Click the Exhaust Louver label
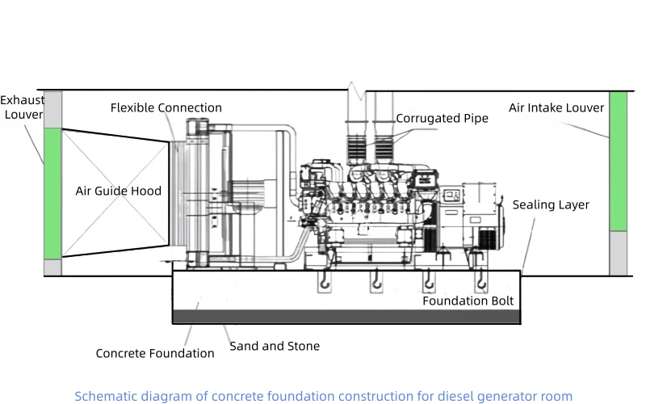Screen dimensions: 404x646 click(x=22, y=107)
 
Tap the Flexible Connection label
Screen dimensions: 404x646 click(x=166, y=107)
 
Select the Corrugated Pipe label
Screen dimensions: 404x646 click(x=442, y=119)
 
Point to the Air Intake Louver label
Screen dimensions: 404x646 click(x=556, y=107)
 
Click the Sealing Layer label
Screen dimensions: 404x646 click(x=551, y=204)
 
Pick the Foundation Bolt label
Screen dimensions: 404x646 click(x=468, y=301)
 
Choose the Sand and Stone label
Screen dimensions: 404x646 click(x=275, y=346)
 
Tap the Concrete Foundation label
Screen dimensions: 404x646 click(x=155, y=353)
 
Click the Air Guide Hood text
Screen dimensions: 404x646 click(x=118, y=191)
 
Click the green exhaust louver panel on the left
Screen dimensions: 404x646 click(x=52, y=192)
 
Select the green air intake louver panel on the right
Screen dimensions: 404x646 click(x=618, y=162)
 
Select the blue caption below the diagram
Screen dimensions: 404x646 click(x=323, y=396)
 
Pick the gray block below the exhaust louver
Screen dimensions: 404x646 click(x=52, y=267)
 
